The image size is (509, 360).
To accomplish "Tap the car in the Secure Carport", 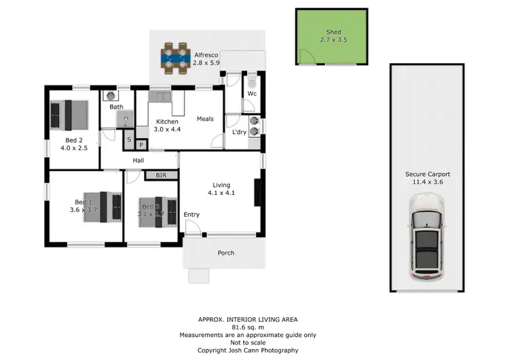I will coord(428,238).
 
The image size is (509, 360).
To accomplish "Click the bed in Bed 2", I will coord(69,114).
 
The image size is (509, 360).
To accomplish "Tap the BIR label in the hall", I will coord(162,175).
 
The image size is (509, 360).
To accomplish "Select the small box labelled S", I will coord(129,139).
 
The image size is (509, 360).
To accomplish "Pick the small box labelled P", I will coord(141,145).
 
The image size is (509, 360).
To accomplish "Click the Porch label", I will coord(225,253).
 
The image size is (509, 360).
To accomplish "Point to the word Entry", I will coord(192,215).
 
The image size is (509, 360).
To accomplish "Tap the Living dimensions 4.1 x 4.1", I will coord(221,193).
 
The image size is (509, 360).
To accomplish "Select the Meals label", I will coord(205,119).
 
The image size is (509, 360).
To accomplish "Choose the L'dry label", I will coord(239,132).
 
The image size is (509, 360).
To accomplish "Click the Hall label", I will coord(138,160).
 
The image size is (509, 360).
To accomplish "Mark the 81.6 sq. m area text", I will coord(248,327).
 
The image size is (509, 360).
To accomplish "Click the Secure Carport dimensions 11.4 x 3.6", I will coord(428,182).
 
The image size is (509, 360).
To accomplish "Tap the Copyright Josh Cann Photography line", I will coord(248,350).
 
